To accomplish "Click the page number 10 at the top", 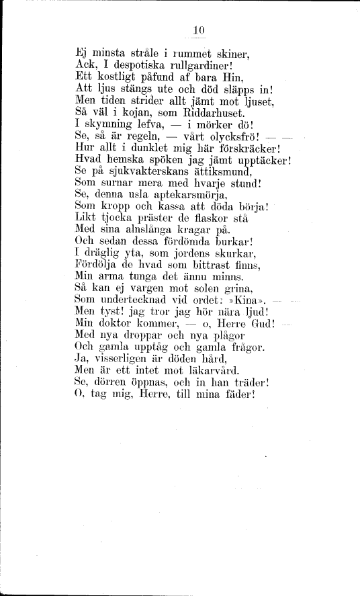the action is [197, 29].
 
